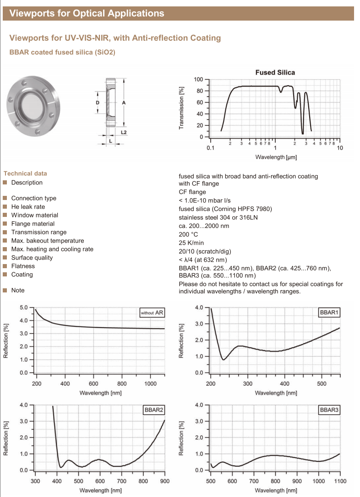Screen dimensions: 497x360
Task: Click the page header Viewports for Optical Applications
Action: pos(87,13)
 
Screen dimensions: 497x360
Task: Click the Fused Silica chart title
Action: pos(275,72)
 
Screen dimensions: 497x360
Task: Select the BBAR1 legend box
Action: pos(329,313)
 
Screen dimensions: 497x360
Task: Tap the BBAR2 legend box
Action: pos(153,410)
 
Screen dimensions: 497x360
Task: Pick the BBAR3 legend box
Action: pos(329,410)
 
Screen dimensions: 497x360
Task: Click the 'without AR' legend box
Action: pos(152,313)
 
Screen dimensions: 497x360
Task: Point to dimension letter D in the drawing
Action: pos(97,103)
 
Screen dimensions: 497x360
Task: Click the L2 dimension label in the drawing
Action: pos(124,132)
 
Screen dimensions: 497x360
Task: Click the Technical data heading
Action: pos(25,173)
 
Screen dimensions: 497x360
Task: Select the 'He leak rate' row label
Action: pos(28,207)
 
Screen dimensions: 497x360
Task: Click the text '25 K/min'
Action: pos(191,243)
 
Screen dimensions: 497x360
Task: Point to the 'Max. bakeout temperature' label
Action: pos(48,241)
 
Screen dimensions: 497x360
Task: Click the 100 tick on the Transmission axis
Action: pos(198,80)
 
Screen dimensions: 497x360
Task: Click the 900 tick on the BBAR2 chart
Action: pos(165,481)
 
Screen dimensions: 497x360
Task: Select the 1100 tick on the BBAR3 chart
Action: pos(340,481)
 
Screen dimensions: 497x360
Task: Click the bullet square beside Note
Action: pos(5,290)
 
